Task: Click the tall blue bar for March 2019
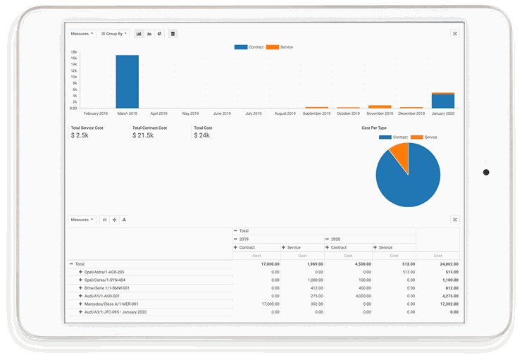(127, 81)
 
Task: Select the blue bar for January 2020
(442, 101)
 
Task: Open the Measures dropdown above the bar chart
(82, 33)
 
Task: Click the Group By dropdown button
(113, 33)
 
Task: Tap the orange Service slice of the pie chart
(400, 155)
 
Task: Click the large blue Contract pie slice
(409, 180)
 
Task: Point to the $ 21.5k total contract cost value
(142, 135)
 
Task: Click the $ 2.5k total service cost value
(80, 135)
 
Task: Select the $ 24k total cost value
(201, 135)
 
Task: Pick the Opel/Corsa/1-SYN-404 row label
(104, 280)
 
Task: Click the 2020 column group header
(335, 239)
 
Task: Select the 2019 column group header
(245, 239)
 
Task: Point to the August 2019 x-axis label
(285, 113)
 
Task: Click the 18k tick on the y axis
(73, 52)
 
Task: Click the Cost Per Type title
(375, 128)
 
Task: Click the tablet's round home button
(486, 172)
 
